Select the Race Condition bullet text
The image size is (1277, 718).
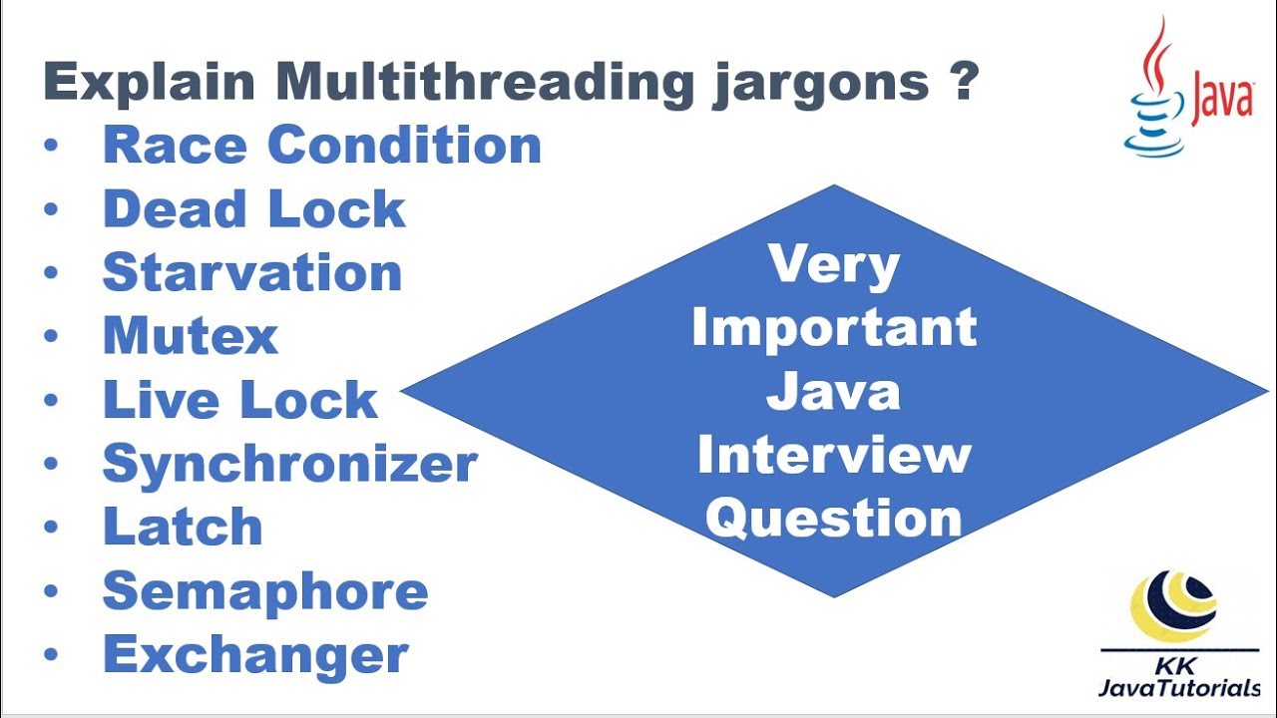coord(321,145)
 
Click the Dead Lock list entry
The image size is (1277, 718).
coord(254,209)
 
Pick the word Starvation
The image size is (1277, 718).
coord(252,272)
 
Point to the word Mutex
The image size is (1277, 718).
coord(190,336)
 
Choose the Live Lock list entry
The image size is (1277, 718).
coord(240,400)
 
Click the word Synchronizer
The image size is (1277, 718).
coord(290,465)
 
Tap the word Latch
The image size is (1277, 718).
coord(183,528)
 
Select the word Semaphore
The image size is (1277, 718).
coord(265,591)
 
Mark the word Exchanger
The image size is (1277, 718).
coord(255,656)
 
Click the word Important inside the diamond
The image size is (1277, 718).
coord(833,328)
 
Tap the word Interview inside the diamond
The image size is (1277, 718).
coord(833,455)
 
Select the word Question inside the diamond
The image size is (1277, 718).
coord(839,519)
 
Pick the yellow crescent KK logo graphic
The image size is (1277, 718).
coord(1173,605)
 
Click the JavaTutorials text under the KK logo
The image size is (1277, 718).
coord(1178,688)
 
